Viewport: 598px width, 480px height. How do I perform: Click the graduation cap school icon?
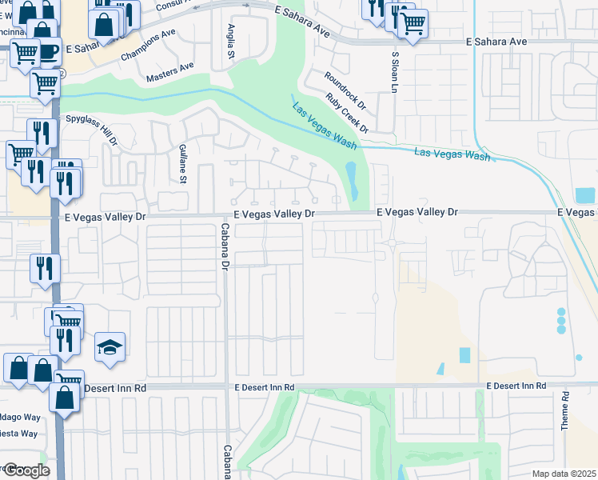(x=110, y=346)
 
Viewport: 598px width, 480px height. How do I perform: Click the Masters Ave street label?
(x=170, y=78)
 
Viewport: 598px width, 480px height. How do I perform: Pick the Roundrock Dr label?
(x=345, y=90)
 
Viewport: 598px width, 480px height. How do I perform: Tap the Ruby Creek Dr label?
(x=347, y=113)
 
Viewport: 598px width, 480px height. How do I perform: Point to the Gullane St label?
(x=183, y=164)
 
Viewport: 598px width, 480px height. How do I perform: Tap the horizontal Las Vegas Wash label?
(x=452, y=154)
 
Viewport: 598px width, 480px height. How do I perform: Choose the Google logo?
(x=26, y=470)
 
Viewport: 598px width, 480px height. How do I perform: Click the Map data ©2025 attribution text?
(x=564, y=474)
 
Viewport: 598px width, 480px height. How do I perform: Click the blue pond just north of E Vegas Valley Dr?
(x=352, y=182)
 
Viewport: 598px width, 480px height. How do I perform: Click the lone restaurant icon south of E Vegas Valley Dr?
(x=43, y=268)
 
